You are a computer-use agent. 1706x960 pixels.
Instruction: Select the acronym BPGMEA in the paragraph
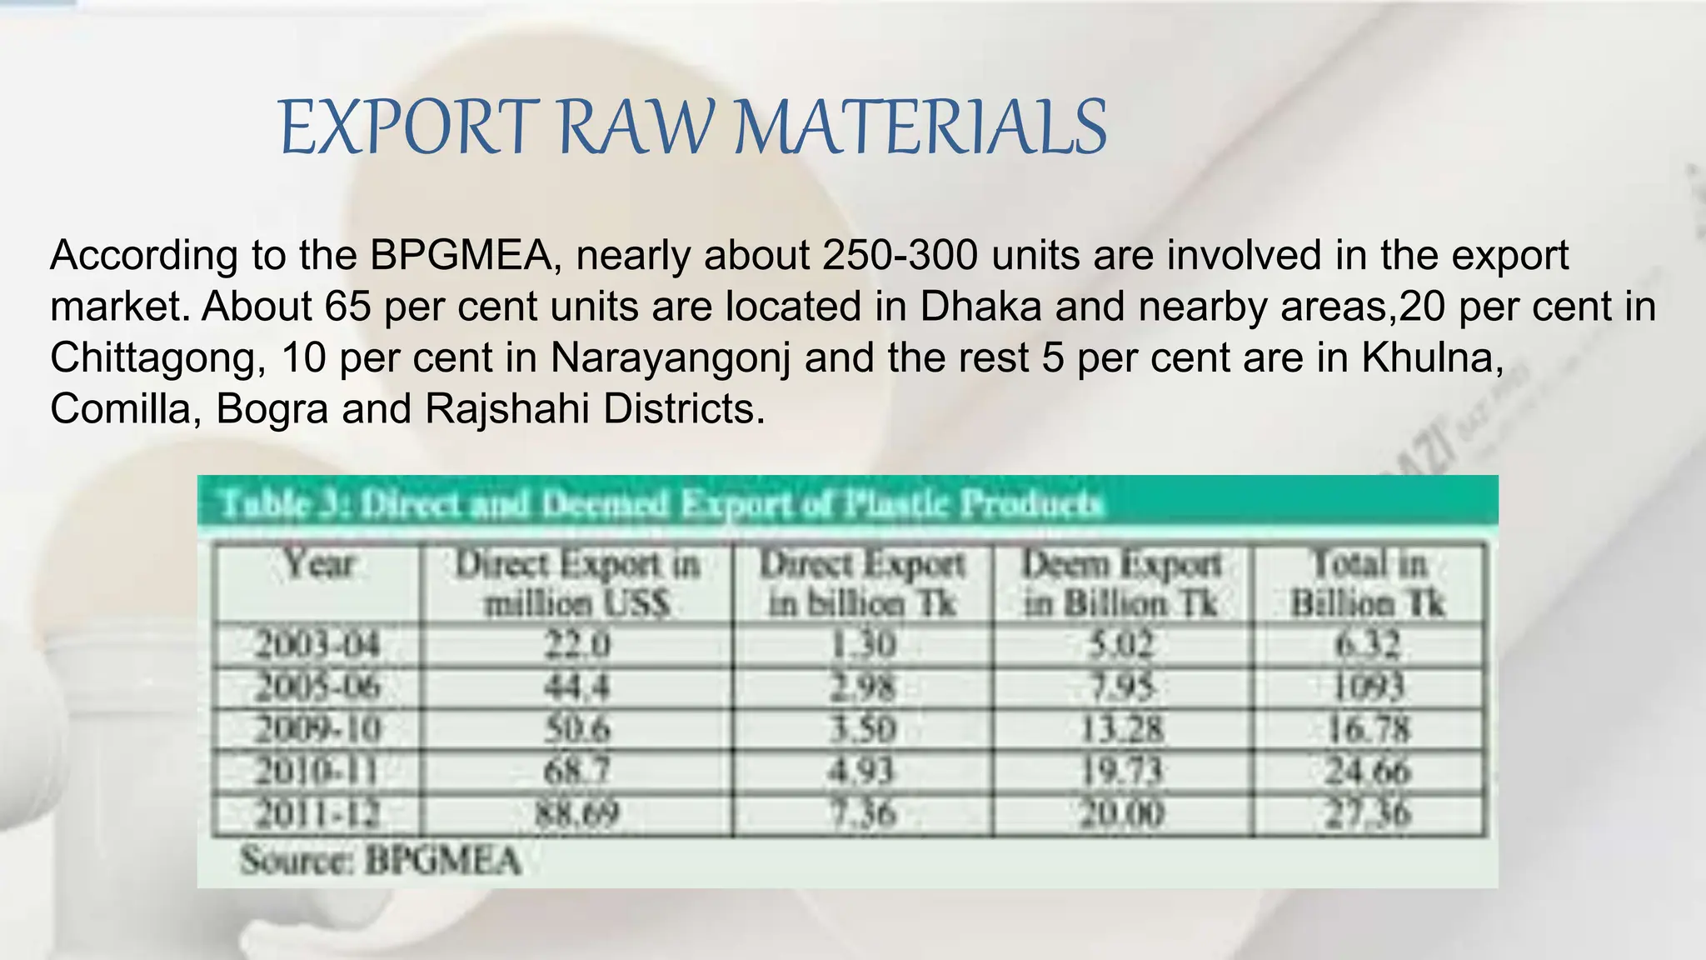tap(461, 255)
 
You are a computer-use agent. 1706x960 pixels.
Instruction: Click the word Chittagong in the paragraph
tap(157, 357)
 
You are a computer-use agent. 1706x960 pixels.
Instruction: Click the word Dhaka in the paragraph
tap(980, 306)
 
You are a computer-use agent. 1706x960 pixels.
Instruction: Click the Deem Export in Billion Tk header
tap(1121, 583)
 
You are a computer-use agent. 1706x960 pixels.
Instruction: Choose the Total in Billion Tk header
tap(1368, 583)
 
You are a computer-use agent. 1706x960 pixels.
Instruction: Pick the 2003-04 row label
tap(317, 644)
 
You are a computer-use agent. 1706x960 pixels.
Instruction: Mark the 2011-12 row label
tap(317, 813)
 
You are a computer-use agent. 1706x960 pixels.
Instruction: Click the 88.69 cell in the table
tap(576, 813)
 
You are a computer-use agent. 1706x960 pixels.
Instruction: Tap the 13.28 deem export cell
tap(1121, 729)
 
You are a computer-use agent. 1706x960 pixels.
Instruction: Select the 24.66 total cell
tap(1368, 771)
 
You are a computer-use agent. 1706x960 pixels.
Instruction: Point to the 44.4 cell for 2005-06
tap(576, 687)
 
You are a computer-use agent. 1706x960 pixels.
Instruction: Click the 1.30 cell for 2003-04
tap(863, 644)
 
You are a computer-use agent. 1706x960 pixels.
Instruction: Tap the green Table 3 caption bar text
tap(661, 503)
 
